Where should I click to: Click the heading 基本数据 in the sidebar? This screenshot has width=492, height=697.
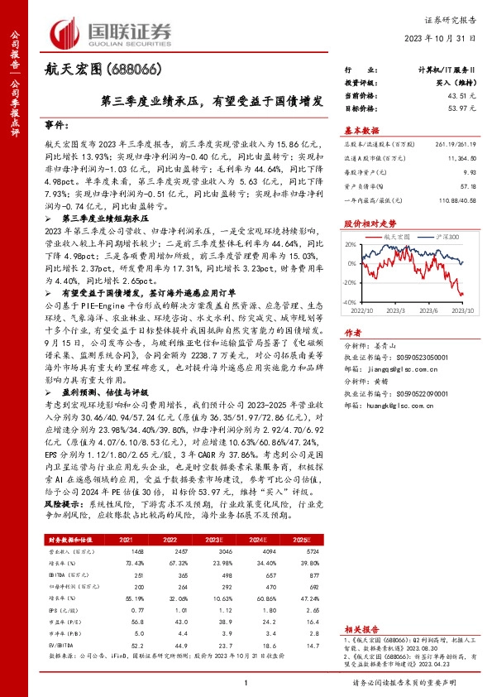[362, 130]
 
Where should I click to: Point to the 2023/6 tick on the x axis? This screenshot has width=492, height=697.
[430, 310]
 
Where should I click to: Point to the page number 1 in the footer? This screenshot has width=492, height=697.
[246, 682]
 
